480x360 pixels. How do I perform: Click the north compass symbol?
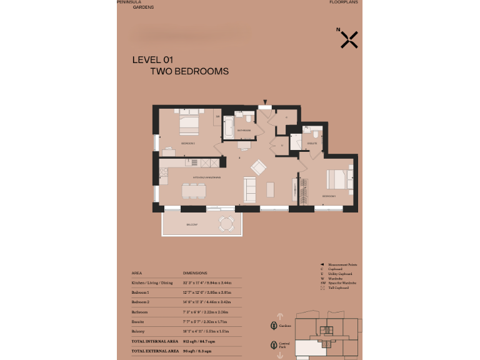[x=349, y=39]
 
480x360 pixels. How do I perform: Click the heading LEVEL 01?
[x=152, y=60]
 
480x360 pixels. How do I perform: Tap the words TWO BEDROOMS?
[x=189, y=71]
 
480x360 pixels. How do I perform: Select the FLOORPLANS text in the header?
[x=344, y=2]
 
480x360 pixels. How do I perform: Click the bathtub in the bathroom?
[x=228, y=127]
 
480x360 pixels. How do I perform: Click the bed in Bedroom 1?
[x=336, y=180]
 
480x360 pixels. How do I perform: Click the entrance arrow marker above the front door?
[x=265, y=102]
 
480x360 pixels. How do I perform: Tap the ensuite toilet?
[x=316, y=133]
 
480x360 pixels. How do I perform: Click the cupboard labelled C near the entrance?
[x=286, y=117]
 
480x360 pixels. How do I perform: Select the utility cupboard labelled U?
[x=282, y=145]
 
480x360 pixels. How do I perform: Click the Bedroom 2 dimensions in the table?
[x=207, y=301]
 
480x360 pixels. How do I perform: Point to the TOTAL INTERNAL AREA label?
[x=152, y=341]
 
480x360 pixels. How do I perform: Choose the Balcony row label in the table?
[x=139, y=331]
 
